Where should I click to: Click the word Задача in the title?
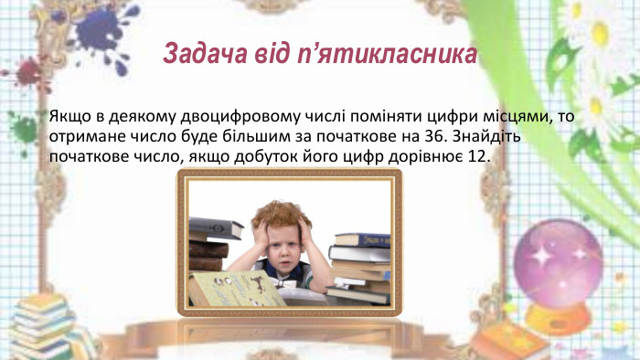[x=198, y=54]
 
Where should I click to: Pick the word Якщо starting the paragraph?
[x=64, y=117]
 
